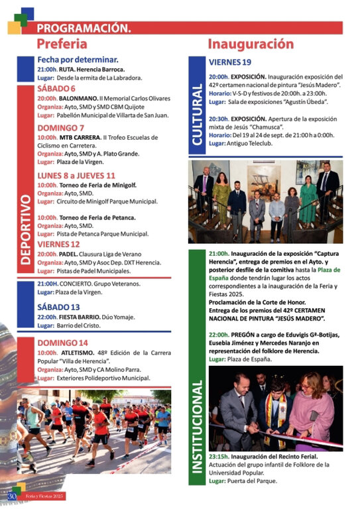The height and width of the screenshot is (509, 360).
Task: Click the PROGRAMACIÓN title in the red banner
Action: pyautogui.click(x=84, y=28)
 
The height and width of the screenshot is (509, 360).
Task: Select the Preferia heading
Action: pyautogui.click(x=62, y=44)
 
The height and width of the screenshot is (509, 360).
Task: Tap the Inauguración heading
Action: pyautogui.click(x=250, y=44)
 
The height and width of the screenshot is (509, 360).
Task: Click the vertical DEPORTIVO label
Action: pyautogui.click(x=25, y=229)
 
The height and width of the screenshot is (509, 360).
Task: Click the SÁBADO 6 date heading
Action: pyautogui.click(x=56, y=88)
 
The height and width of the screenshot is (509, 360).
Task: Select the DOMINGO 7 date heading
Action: pyautogui.click(x=60, y=128)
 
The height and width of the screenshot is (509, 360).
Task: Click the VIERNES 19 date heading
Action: pyautogui.click(x=229, y=62)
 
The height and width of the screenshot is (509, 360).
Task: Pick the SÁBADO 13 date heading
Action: pyautogui.click(x=58, y=307)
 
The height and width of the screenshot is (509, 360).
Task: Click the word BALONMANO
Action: pyautogui.click(x=78, y=98)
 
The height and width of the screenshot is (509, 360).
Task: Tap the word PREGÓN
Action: pyautogui.click(x=244, y=335)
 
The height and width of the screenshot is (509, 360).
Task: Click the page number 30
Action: pyautogui.click(x=11, y=496)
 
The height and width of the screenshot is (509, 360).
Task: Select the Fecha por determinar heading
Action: pyautogui.click(x=78, y=60)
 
